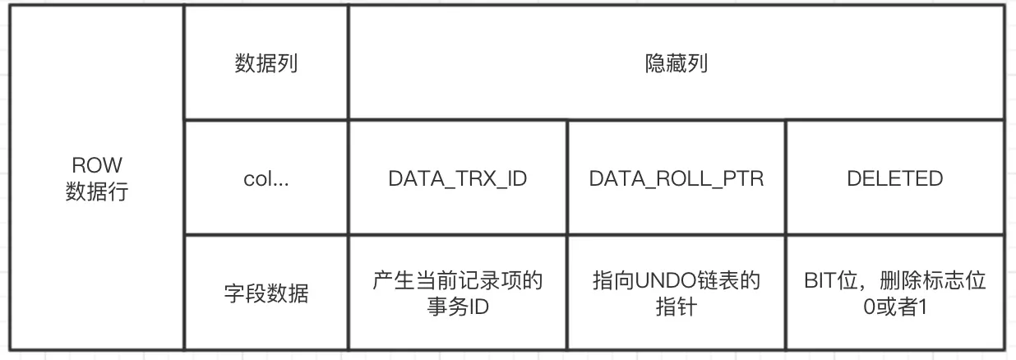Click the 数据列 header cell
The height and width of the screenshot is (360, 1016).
266,64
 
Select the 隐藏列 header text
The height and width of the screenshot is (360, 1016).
676,64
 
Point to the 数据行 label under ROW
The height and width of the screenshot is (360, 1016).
96,192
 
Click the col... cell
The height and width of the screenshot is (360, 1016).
266,179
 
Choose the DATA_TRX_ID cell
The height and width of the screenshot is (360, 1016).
457,179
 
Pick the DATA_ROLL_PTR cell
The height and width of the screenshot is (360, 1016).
676,179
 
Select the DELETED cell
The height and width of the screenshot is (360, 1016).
894,179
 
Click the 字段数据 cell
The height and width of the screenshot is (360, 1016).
266,293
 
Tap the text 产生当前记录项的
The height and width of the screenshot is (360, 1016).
457,281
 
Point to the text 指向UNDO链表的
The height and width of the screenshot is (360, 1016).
676,281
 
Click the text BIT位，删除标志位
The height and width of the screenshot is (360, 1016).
894,281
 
